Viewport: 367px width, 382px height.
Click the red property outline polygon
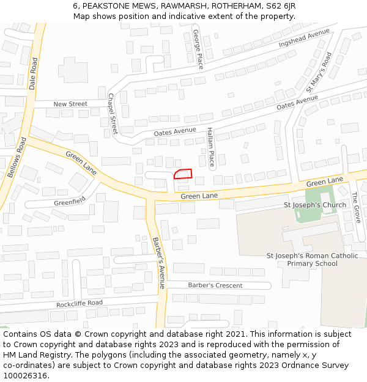tap(183, 174)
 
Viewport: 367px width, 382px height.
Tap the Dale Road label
tap(33, 73)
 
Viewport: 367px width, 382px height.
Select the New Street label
tap(70, 104)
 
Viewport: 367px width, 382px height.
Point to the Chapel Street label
tap(113, 114)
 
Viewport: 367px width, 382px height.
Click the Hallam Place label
tap(211, 147)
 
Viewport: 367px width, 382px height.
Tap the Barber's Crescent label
tap(215, 285)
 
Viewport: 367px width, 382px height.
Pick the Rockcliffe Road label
tap(80, 303)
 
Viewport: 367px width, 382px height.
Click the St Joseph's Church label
tap(315, 205)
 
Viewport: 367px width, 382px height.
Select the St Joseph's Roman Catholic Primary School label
tap(312, 260)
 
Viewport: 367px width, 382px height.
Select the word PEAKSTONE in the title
tap(104, 6)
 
